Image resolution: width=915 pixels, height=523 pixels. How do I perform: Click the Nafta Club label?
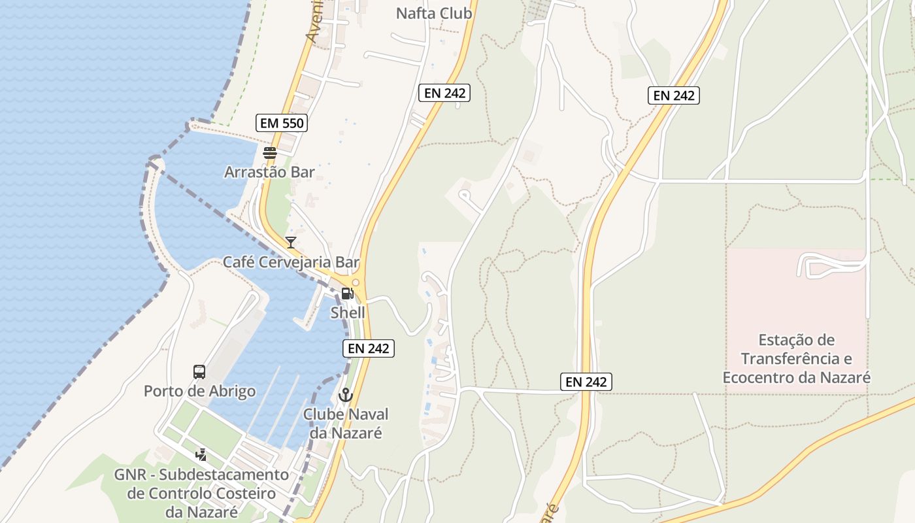coord(434,13)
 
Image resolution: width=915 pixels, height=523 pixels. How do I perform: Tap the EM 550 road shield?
coord(281,123)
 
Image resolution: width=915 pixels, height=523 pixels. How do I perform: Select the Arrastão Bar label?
coord(269,173)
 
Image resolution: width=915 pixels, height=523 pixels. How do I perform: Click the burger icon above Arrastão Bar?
coord(270,154)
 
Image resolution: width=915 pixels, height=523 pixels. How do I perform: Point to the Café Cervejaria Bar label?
coord(291,262)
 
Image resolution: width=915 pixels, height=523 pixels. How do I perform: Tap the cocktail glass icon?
coord(291,243)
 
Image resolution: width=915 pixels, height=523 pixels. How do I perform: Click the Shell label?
coord(348,312)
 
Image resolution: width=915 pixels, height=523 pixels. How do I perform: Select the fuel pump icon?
coord(347,294)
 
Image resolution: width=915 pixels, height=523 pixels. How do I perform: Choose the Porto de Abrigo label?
coord(199,391)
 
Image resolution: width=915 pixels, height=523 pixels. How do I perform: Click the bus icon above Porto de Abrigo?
coord(199,372)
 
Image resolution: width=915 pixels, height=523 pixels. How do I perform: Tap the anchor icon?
coord(345,395)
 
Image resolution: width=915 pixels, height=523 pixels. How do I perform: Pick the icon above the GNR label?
coord(201,454)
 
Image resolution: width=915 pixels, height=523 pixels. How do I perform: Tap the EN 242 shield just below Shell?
coord(369,348)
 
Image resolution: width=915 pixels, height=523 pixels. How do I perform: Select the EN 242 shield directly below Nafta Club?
coord(444,93)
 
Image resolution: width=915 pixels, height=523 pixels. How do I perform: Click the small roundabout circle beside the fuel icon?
coord(356,283)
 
